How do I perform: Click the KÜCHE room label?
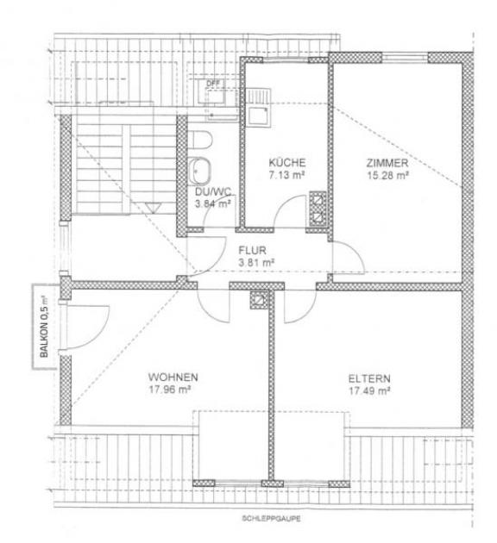[x=287, y=162]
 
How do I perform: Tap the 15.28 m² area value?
[x=387, y=175]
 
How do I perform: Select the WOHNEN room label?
[x=173, y=377]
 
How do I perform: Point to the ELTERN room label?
[x=369, y=378]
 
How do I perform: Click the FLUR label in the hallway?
[x=252, y=250]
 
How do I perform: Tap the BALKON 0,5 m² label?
[x=44, y=326]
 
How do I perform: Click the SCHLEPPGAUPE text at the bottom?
[x=271, y=518]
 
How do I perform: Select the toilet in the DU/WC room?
[x=201, y=140]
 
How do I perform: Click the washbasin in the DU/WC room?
[x=200, y=171]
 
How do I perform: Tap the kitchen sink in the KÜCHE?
[x=259, y=115]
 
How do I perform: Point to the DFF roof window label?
[x=212, y=84]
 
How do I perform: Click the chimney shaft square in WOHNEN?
[x=260, y=300]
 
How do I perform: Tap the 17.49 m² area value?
[x=369, y=391]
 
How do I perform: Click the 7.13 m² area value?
[x=287, y=175]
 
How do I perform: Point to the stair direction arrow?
[x=153, y=208]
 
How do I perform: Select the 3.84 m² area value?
[x=213, y=204]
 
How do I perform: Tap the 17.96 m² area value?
[x=170, y=390]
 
